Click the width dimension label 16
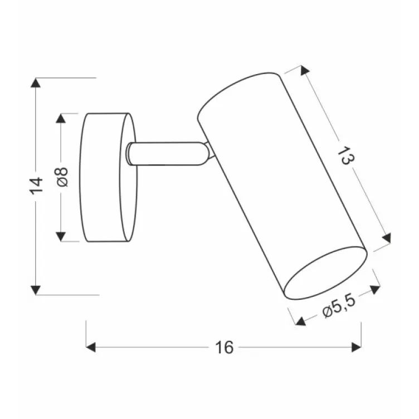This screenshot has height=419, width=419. tap(224, 348)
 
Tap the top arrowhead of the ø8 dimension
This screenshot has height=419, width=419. tap(62, 119)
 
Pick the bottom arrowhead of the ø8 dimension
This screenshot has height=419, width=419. tap(62, 236)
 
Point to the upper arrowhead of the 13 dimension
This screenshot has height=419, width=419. tap(304, 71)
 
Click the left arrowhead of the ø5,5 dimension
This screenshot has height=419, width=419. tap(301, 321)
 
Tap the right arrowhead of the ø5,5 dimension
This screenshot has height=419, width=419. tap(375, 289)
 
